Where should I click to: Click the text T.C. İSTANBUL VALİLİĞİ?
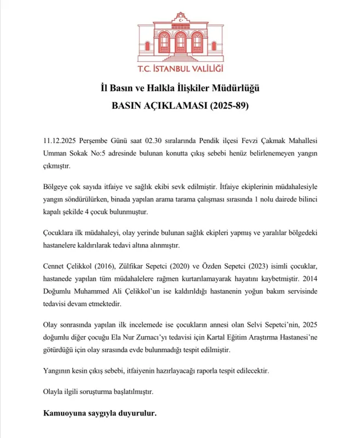pos(180,70)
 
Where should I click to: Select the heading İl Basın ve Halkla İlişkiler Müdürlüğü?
pos(180,88)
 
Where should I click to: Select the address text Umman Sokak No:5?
pos(74,152)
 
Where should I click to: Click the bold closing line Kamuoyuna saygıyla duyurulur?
pos(100,413)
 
